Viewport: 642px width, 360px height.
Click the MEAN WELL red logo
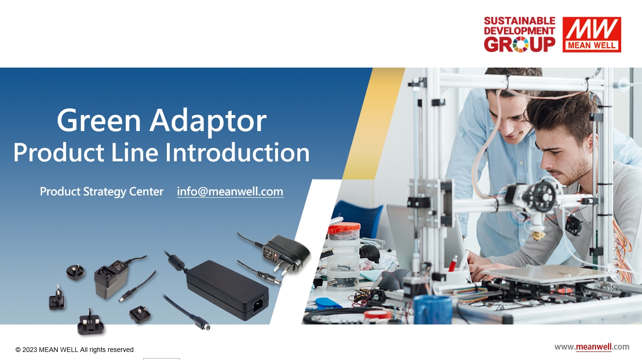(591, 35)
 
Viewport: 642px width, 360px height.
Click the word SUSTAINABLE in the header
(520, 21)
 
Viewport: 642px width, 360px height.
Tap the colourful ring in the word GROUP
(521, 44)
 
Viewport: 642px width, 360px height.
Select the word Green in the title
(99, 120)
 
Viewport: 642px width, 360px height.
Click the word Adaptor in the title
(208, 122)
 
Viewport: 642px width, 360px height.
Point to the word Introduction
(237, 152)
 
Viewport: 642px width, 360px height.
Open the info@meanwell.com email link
(230, 192)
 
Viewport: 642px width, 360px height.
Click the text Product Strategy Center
(102, 192)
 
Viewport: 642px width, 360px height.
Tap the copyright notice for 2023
(75, 350)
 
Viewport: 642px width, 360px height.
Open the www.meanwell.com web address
(592, 347)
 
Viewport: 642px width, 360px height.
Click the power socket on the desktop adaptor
(258, 303)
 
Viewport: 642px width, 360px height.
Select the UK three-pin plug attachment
(90, 323)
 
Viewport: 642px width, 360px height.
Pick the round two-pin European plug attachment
(57, 299)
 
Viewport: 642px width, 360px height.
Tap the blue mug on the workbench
(433, 310)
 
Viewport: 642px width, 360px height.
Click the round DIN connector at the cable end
(205, 326)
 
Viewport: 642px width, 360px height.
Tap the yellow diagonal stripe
(374, 123)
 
